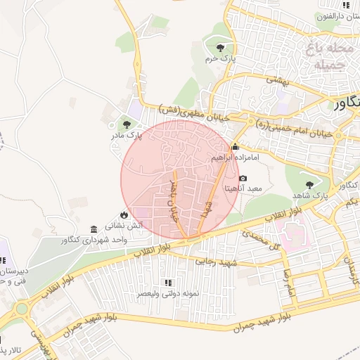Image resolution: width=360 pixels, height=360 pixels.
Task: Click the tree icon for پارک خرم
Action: point(221,48)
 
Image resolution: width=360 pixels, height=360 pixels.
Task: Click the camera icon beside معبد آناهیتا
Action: point(243,179)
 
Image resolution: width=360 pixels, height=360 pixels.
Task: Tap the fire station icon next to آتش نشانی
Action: point(124,215)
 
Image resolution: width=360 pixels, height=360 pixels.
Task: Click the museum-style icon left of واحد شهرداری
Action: point(94,229)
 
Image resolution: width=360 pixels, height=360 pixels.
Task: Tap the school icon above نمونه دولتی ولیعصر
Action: point(167,282)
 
